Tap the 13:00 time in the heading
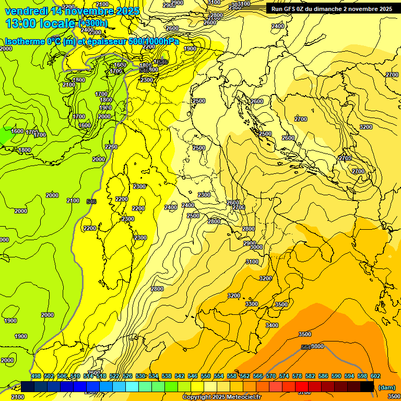click(x=20, y=23)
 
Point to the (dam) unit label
click(x=386, y=387)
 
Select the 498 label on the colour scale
click(x=36, y=376)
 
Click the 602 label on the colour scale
click(x=375, y=376)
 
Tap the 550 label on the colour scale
click(x=206, y=376)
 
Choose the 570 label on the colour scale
click(x=271, y=376)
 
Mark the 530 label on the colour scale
click(x=140, y=376)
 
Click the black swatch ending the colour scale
click(x=367, y=386)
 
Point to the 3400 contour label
click(x=272, y=325)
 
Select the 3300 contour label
click(x=252, y=304)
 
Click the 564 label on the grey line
click(x=306, y=347)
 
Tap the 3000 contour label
click(x=256, y=247)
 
